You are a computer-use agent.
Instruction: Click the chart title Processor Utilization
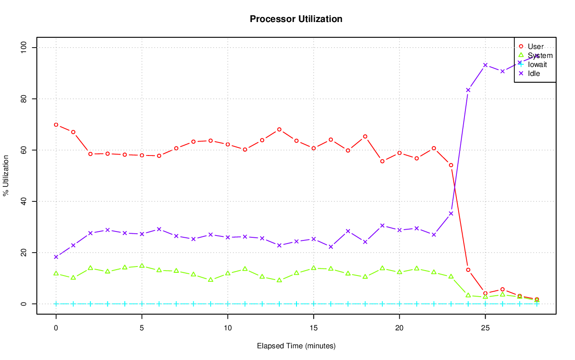coord(296,19)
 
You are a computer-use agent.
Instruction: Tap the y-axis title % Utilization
coord(6,175)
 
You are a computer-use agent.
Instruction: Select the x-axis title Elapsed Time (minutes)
coord(296,346)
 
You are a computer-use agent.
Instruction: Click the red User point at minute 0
coord(56,124)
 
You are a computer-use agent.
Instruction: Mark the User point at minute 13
coord(279,129)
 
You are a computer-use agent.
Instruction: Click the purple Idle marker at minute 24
coord(468,90)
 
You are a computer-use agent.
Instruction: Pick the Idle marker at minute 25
coord(485,65)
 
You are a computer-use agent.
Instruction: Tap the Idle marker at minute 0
coord(56,257)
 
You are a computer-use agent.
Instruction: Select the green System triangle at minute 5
coord(142,266)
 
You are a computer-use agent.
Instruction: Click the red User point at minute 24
coord(468,270)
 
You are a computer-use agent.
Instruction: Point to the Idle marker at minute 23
coord(451,213)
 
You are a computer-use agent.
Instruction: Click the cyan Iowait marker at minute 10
coord(228,304)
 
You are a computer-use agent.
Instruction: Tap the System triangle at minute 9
coord(211,280)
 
